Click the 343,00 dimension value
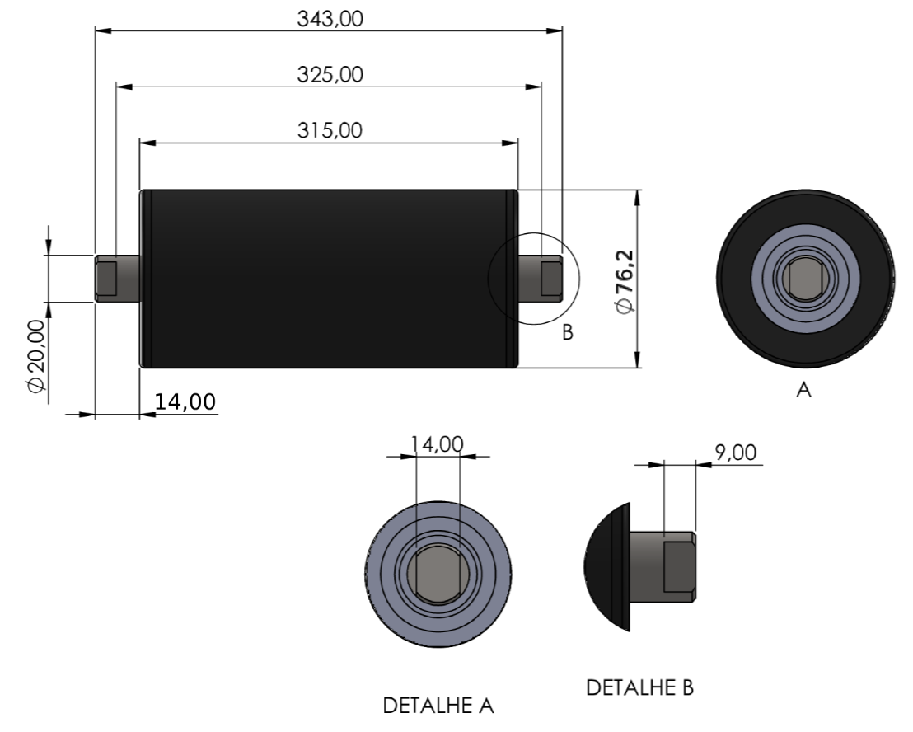[330, 19]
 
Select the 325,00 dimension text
[330, 74]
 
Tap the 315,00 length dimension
[330, 130]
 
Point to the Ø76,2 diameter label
[625, 282]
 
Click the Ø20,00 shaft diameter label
[36, 355]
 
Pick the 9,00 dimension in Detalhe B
[735, 453]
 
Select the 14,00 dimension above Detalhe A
[438, 444]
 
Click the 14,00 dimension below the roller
[185, 401]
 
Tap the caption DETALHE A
[438, 706]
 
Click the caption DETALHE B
[640, 687]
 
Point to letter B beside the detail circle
[568, 332]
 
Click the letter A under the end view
[804, 390]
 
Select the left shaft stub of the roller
[118, 279]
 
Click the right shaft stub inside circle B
[541, 279]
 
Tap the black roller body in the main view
[329, 279]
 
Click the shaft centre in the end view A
[805, 279]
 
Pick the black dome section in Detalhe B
[606, 566]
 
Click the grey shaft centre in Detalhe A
[438, 575]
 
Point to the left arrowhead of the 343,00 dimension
[103, 30]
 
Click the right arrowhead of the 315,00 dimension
[510, 143]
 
